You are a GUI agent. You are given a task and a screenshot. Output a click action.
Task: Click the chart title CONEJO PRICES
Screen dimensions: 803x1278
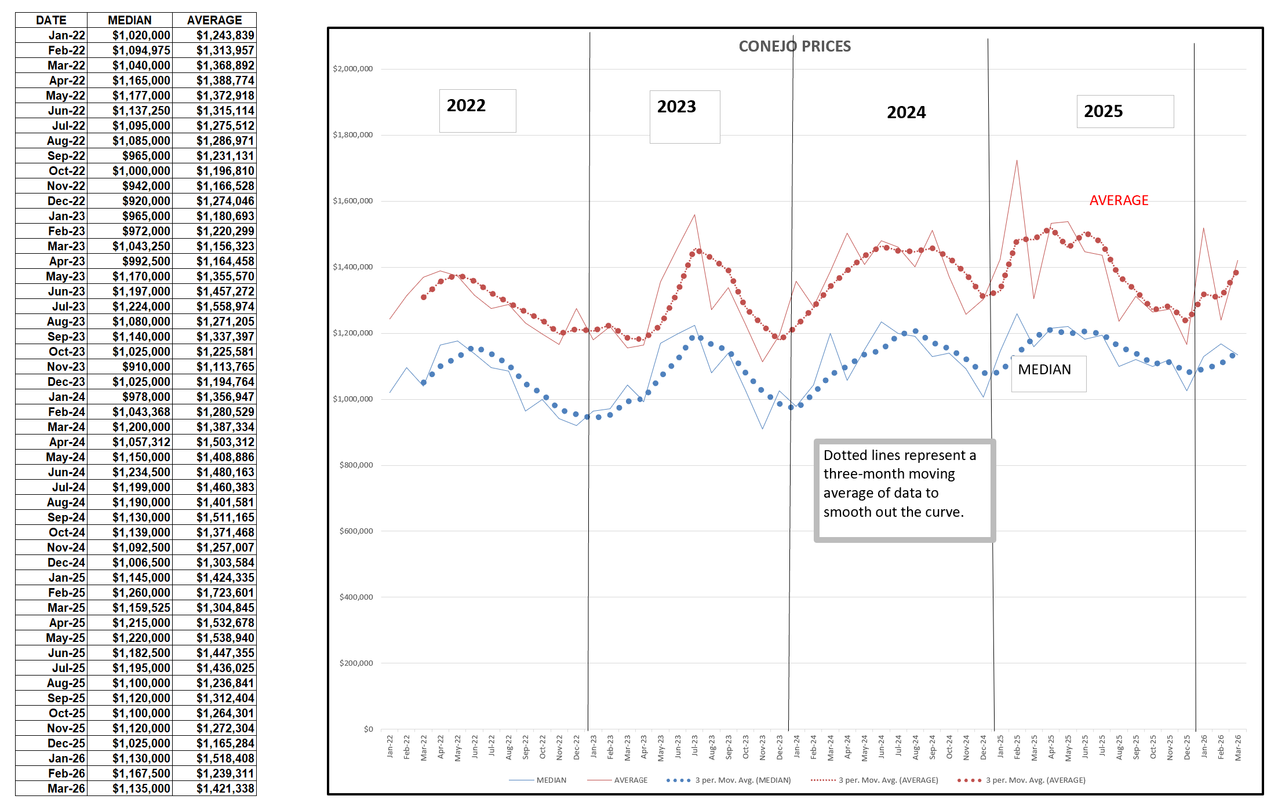(794, 46)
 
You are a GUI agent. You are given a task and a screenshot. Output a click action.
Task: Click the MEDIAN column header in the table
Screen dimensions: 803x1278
(129, 20)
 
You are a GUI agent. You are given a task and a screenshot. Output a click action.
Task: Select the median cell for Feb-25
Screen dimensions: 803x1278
(141, 593)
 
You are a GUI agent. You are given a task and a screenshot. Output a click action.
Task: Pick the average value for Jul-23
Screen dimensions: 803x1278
(225, 306)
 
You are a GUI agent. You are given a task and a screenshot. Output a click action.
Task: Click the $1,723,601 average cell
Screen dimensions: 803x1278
(225, 593)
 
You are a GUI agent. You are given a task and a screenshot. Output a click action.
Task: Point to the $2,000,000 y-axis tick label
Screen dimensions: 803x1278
(352, 69)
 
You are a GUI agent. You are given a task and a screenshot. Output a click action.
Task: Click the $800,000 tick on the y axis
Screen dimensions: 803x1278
(356, 465)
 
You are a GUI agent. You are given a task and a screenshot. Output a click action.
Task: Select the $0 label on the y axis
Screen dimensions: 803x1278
(368, 729)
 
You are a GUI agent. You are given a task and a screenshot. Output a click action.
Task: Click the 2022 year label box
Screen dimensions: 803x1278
(476, 110)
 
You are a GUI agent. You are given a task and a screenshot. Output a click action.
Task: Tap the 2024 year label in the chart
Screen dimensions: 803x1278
(906, 112)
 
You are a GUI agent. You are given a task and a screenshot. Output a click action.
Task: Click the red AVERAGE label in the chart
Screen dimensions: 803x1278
(1118, 200)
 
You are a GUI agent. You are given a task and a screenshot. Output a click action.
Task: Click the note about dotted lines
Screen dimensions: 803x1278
(904, 490)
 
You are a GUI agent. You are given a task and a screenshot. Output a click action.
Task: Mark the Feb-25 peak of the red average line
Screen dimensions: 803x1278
(1017, 160)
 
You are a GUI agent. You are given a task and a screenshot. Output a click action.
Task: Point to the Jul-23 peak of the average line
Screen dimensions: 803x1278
(694, 215)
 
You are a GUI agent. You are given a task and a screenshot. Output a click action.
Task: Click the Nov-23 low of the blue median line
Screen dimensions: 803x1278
(762, 429)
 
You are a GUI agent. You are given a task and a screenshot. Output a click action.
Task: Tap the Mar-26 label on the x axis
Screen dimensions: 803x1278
(1237, 748)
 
